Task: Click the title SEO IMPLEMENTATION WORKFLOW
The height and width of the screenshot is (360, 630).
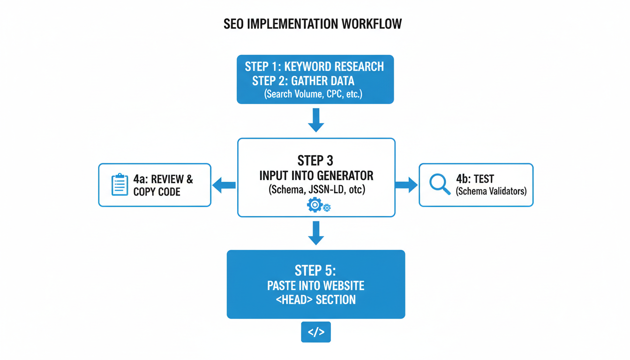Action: point(313,24)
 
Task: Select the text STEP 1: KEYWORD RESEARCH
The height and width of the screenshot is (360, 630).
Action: point(315,67)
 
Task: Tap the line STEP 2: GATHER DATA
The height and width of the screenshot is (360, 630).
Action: point(303,81)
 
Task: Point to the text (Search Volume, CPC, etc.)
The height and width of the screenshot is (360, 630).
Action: point(314,94)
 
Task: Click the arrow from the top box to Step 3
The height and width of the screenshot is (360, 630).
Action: point(316,120)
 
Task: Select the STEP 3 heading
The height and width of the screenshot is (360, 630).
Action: point(315,161)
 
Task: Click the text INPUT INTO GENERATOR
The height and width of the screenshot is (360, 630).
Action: point(316,176)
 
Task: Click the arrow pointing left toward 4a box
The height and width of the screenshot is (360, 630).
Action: point(224,185)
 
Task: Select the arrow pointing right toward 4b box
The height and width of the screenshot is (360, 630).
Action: point(406,185)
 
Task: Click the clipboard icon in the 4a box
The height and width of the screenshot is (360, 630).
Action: point(120,185)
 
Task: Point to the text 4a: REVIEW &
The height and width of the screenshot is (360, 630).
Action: point(163,179)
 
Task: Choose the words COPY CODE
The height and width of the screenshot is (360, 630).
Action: point(157,192)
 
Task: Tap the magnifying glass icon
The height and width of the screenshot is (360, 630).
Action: point(440,184)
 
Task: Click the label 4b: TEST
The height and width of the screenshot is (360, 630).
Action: point(475,179)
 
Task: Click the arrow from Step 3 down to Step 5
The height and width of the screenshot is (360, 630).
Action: point(316,233)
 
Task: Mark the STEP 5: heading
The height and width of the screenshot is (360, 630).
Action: point(315,270)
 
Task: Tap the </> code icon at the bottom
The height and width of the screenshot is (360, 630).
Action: point(315,332)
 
